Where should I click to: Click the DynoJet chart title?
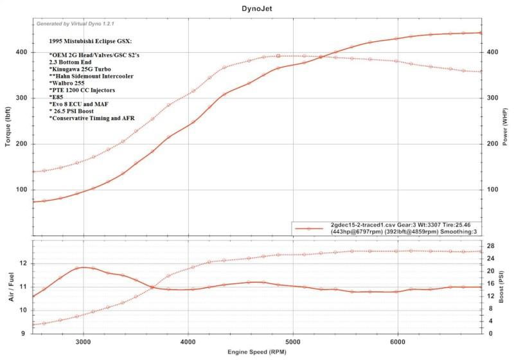coord(257,8)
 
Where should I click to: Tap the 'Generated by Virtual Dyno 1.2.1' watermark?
coord(76,24)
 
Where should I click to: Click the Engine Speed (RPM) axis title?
coord(257,353)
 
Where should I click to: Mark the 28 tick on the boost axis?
coord(490,246)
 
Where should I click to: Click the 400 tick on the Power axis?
coord(492,52)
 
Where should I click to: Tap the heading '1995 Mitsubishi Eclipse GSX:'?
coord(90,41)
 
